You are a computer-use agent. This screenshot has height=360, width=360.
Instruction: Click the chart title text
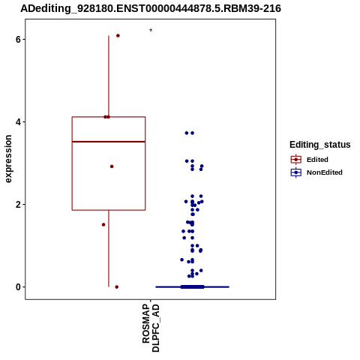point(151,8)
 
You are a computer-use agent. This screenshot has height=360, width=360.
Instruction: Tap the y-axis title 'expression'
point(8,159)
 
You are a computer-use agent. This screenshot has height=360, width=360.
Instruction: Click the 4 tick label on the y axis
point(18,122)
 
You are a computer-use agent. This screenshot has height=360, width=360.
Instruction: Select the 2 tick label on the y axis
point(18,205)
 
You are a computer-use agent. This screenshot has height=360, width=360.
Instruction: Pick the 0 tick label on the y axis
point(18,287)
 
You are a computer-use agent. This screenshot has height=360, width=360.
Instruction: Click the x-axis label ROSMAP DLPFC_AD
point(151,328)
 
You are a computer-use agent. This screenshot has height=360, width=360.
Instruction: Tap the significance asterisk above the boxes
point(151,31)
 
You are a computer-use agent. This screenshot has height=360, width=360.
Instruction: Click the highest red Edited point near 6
point(118,36)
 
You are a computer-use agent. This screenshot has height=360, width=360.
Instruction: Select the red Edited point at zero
point(117,287)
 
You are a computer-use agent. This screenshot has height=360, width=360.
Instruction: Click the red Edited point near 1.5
point(103,225)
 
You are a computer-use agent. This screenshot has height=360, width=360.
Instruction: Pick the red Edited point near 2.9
point(112,166)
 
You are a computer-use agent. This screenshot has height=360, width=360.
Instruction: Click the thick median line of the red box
point(109,142)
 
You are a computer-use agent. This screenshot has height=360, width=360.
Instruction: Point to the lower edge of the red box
point(109,210)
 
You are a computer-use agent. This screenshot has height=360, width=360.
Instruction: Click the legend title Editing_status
point(320,145)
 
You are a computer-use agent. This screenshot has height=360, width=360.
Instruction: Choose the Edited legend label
point(317,160)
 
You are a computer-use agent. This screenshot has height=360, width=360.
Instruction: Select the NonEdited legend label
point(325,172)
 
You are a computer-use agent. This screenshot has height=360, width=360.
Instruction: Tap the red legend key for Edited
point(296,160)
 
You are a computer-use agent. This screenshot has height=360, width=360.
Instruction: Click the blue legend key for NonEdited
point(296,172)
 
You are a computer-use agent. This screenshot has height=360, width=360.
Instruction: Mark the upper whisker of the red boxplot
point(109,76)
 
